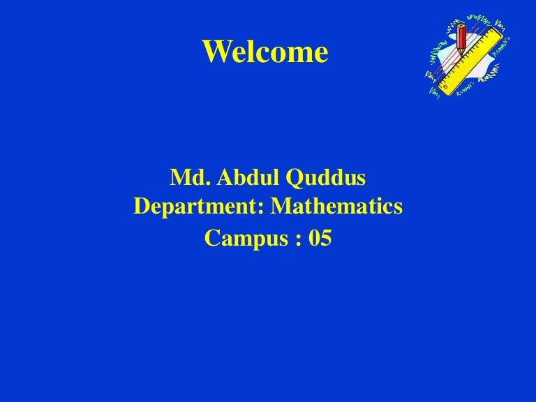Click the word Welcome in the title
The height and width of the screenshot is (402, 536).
click(x=265, y=52)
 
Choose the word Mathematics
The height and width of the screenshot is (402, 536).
click(x=337, y=208)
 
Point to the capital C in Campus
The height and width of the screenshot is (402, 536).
click(x=211, y=239)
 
